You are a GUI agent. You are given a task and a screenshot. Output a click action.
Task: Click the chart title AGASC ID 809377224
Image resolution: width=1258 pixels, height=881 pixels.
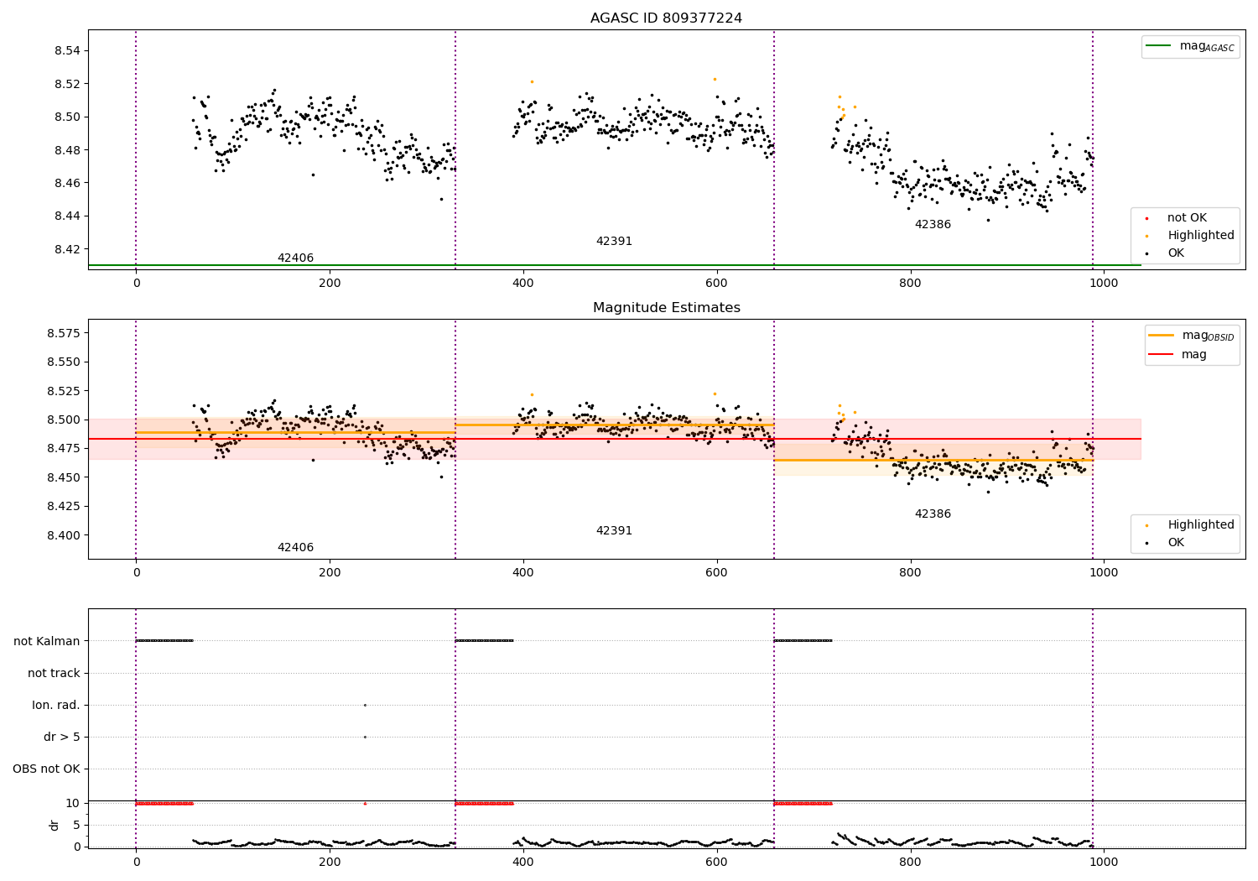pos(666,18)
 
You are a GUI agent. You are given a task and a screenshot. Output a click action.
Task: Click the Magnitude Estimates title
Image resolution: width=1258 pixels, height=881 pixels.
pos(666,308)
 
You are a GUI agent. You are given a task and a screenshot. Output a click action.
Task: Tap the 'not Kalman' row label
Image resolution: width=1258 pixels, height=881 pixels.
pos(47,641)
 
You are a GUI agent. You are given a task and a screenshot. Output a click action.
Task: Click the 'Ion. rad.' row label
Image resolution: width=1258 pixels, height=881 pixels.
pos(56,705)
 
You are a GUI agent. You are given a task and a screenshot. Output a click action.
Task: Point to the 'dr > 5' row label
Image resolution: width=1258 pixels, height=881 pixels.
pos(62,737)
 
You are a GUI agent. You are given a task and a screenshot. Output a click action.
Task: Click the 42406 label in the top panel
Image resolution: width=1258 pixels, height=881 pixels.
pos(295,258)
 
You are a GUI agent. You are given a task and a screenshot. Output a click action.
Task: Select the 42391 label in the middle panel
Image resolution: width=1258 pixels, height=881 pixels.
pos(614,531)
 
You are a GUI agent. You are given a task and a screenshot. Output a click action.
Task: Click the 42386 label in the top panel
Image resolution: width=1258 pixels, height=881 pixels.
pos(933,225)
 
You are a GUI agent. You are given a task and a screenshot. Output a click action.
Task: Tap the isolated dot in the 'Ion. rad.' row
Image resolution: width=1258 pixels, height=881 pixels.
pos(365,705)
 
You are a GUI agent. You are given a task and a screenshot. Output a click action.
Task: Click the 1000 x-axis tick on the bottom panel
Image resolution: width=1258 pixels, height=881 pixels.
pos(1104,862)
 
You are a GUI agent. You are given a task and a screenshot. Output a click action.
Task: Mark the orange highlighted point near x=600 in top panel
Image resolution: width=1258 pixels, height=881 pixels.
pos(715,79)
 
